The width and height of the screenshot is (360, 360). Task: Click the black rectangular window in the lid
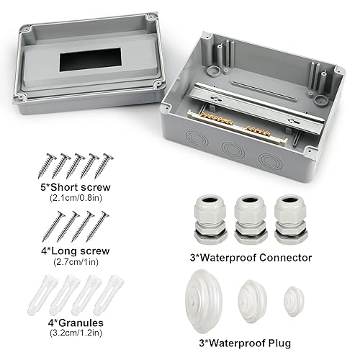click(x=90, y=59)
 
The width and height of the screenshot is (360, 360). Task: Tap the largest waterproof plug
click(x=204, y=301)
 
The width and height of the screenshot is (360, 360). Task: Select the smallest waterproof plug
click(x=294, y=301)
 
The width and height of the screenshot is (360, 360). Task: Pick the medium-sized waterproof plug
click(x=252, y=301)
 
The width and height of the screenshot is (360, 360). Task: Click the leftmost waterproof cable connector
click(x=211, y=220)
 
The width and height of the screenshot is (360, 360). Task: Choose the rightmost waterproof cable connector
click(x=291, y=220)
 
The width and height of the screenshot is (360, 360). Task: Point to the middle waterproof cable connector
click(x=251, y=220)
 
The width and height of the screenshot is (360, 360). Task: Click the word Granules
click(x=81, y=323)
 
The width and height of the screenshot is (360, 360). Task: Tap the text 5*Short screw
click(x=76, y=187)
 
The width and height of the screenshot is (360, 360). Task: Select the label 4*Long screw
click(x=76, y=251)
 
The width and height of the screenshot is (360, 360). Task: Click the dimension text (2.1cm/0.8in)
click(x=76, y=198)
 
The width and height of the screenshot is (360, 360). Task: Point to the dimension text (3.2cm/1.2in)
click(x=76, y=333)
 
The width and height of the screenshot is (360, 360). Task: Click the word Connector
click(x=285, y=258)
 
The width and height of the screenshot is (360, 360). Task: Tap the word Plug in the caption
click(x=279, y=343)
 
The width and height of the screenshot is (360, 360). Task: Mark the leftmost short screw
click(x=47, y=166)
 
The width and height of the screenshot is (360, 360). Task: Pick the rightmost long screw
click(x=97, y=226)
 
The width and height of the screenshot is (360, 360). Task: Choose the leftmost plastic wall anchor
click(x=42, y=295)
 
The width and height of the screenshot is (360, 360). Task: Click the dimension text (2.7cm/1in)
click(x=76, y=262)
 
